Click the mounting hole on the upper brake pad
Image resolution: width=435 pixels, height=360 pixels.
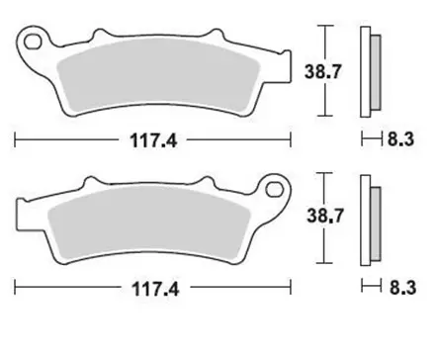click(37, 45)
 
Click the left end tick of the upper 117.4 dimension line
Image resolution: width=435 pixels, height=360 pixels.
click(16, 139)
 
